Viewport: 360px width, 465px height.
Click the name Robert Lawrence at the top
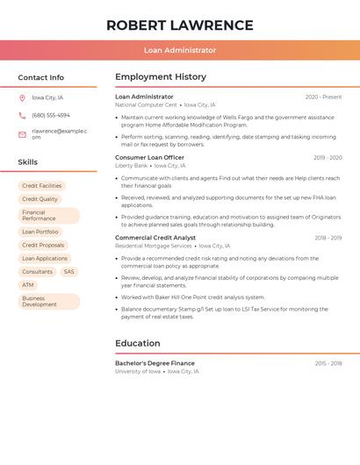pyautogui.click(x=180, y=25)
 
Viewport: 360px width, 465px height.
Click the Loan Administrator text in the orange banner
pyautogui.click(x=180, y=51)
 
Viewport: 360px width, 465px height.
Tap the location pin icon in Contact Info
pyautogui.click(x=22, y=97)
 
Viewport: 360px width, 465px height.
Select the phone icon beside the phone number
pyautogui.click(x=22, y=115)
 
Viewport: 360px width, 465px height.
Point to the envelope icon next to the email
pyautogui.click(x=22, y=134)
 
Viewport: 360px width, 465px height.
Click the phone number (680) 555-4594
pyautogui.click(x=51, y=115)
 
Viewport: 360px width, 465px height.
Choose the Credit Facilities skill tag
pyautogui.click(x=42, y=186)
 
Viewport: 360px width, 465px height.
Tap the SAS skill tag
pyautogui.click(x=69, y=272)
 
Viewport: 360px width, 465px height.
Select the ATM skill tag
pyautogui.click(x=28, y=285)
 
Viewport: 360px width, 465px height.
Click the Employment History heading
pyautogui.click(x=161, y=77)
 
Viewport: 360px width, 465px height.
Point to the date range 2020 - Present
pyautogui.click(x=323, y=97)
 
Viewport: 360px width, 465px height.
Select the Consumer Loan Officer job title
pyautogui.click(x=149, y=158)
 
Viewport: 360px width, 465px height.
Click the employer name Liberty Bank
pyautogui.click(x=131, y=166)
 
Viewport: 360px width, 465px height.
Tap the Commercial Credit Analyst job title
pyautogui.click(x=155, y=238)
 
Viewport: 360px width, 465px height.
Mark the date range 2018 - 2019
pyautogui.click(x=328, y=239)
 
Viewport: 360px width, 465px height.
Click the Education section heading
pyautogui.click(x=138, y=343)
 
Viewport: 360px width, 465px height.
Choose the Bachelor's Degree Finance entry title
pyautogui.click(x=155, y=363)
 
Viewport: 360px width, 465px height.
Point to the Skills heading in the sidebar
pyautogui.click(x=28, y=162)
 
